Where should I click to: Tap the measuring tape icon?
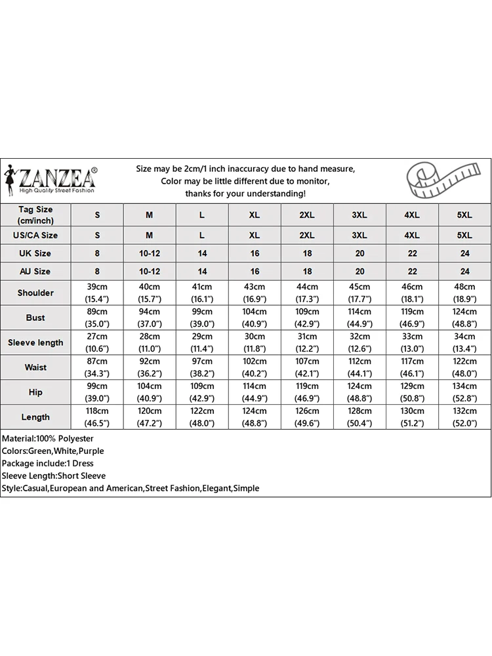coord(432,180)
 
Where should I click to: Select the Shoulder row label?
coord(35,293)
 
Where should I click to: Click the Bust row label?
coord(35,318)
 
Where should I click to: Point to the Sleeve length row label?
coord(35,342)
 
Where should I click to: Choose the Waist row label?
coord(35,367)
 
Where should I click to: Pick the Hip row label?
coord(35,392)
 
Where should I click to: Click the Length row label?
coord(35,417)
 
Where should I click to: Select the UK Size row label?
coord(35,253)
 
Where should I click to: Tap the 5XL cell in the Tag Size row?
coord(464,215)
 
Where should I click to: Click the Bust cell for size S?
coord(97,318)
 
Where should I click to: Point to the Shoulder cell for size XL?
coord(255,293)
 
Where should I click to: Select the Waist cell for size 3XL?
coord(359,367)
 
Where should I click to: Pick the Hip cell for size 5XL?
coord(464,392)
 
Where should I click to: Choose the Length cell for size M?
coord(150,417)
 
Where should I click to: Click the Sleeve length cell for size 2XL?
coord(307,342)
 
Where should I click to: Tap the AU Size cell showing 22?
coord(412,271)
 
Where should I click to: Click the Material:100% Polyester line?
coord(48,438)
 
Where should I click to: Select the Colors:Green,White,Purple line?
coord(53,451)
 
